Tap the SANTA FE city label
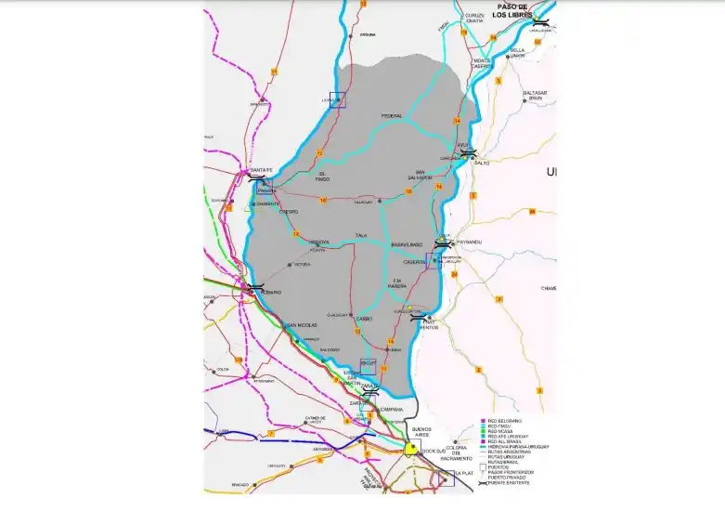pyautogui.click(x=261, y=170)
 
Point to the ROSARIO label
pyautogui.click(x=270, y=292)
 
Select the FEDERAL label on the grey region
pyautogui.click(x=392, y=116)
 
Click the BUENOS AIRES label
pyautogui.click(x=421, y=432)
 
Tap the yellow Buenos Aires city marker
pyautogui.click(x=410, y=449)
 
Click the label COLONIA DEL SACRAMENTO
pyautogui.click(x=456, y=453)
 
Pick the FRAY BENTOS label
pyautogui.click(x=427, y=322)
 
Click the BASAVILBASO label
pyautogui.click(x=407, y=244)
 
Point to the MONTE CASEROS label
pyautogui.click(x=482, y=64)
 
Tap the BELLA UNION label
pyautogui.click(x=517, y=53)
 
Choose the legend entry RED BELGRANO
pyautogui.click(x=500, y=421)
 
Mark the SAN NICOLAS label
pyautogui.click(x=302, y=325)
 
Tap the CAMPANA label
pyautogui.click(x=391, y=409)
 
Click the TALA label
pyautogui.click(x=360, y=236)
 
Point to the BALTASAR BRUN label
pyautogui.click(x=535, y=96)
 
